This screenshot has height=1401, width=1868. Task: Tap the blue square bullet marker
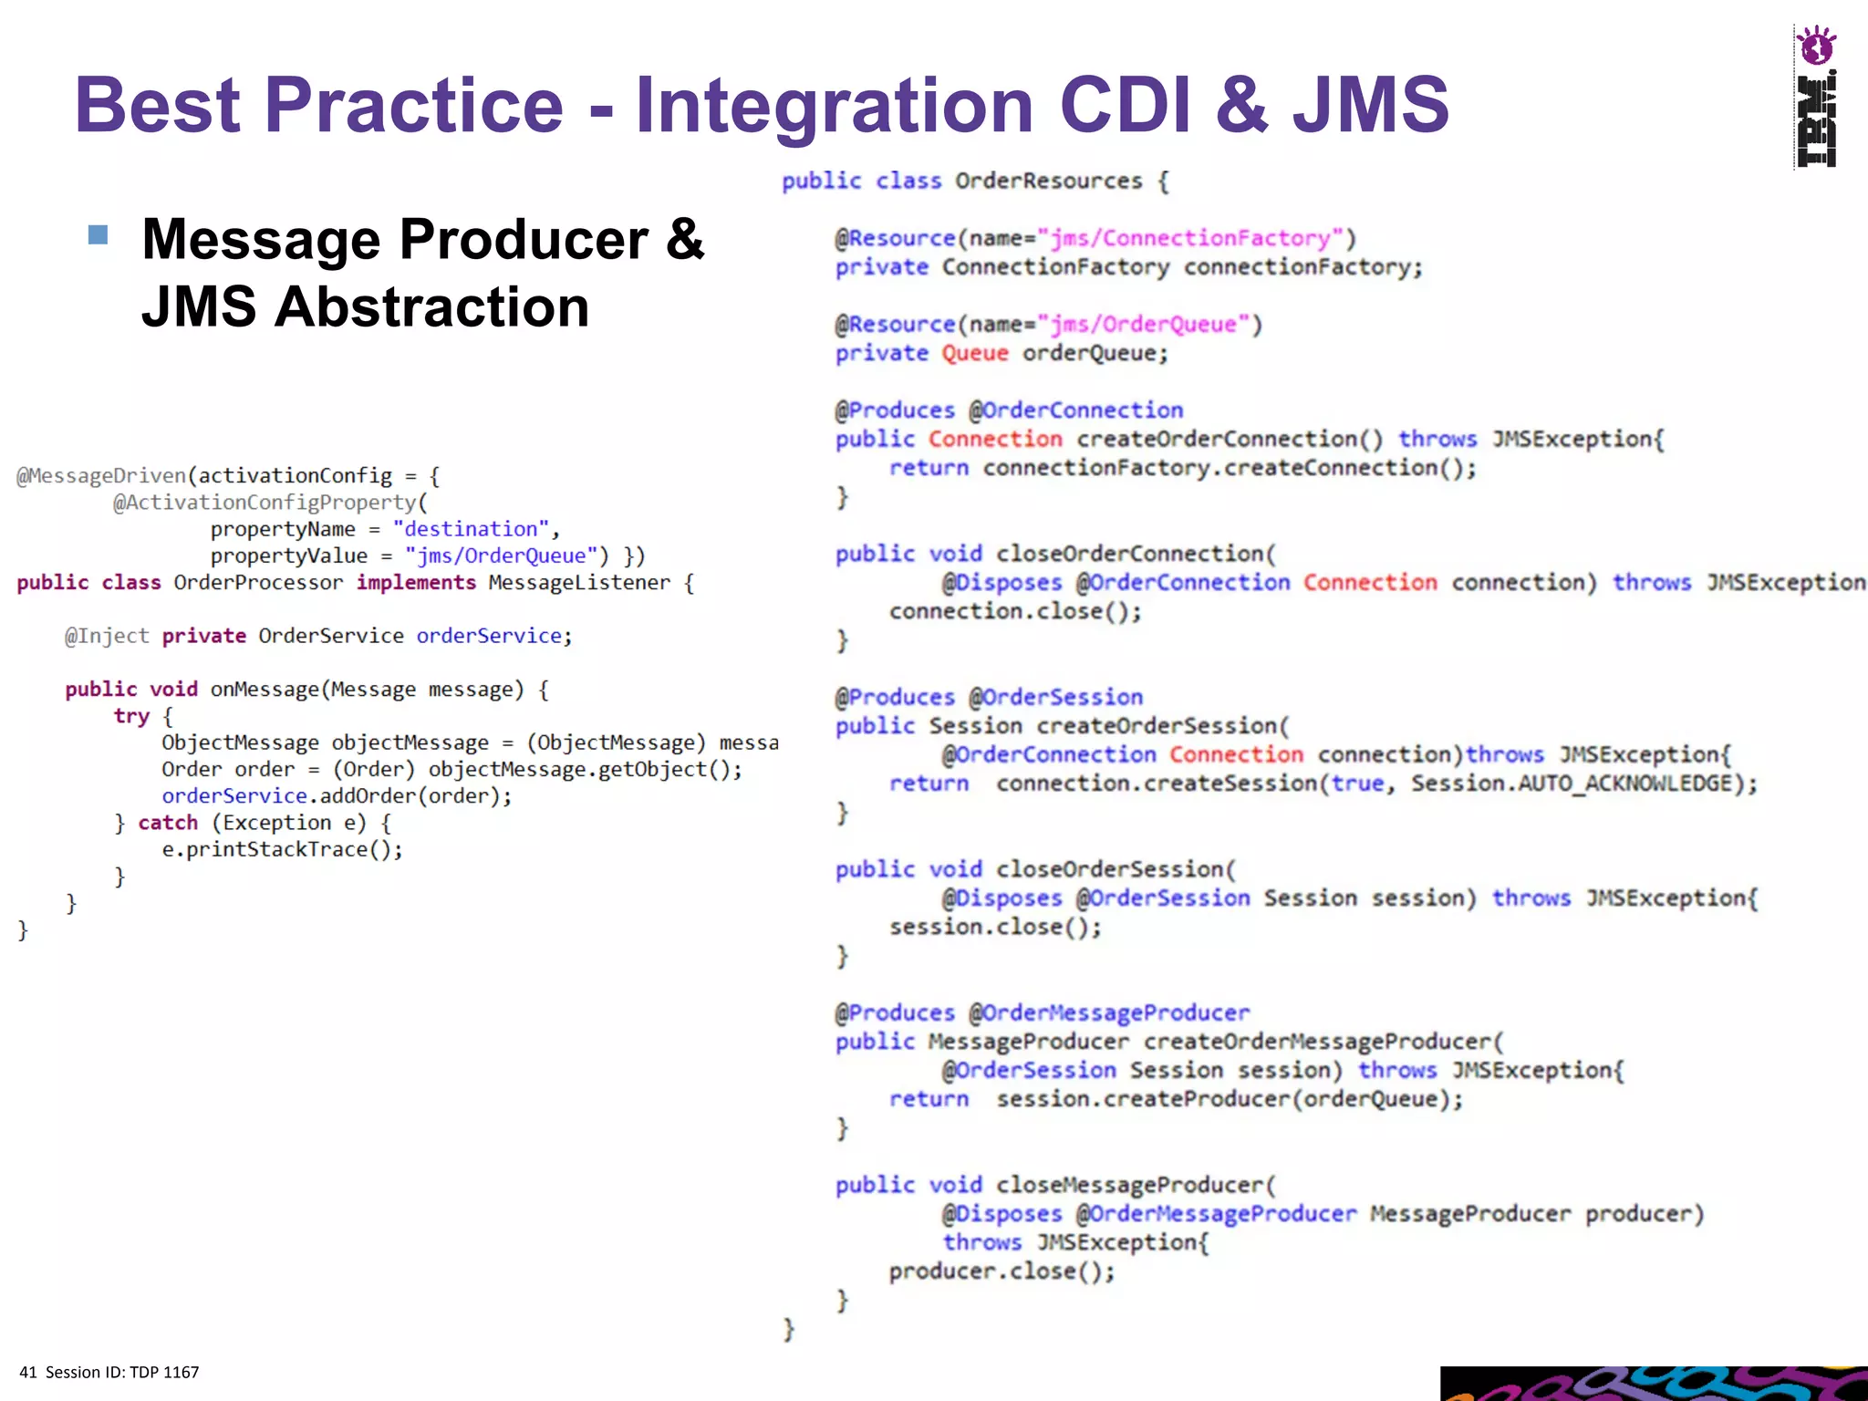pos(99,235)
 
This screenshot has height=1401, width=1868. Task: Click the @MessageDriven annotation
pos(101,476)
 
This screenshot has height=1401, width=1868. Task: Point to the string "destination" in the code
pos(471,529)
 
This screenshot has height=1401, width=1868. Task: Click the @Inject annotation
pos(106,636)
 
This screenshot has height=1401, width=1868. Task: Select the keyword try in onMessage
pos(131,716)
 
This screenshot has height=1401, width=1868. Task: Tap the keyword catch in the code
pos(168,823)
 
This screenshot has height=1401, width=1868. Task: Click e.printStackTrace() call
pos(282,849)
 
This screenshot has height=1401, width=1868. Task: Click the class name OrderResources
pos(1048,181)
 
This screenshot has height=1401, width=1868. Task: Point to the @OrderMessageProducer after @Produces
pos(1109,1012)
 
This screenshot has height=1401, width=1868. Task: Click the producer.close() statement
pos(1001,1271)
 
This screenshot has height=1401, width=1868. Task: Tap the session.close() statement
pos(995,927)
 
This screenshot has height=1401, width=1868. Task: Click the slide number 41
pos(28,1372)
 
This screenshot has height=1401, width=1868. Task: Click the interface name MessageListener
pos(578,583)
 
